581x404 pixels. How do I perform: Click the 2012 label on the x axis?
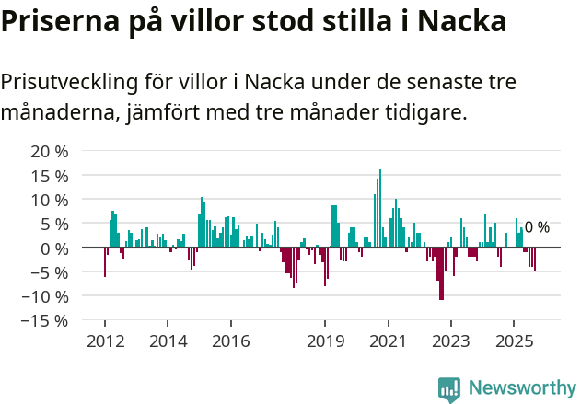click(x=104, y=341)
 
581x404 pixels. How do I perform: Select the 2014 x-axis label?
click(x=168, y=341)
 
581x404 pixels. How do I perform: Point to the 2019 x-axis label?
click(x=325, y=341)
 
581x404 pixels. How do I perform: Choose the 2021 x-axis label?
click(x=388, y=341)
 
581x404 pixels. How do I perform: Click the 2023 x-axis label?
click(x=451, y=341)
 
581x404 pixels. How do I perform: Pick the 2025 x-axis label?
click(x=514, y=341)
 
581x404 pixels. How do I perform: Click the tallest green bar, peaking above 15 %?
click(x=380, y=208)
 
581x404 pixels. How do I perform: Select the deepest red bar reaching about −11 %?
click(x=441, y=273)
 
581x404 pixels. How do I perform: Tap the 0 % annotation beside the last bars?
click(x=537, y=227)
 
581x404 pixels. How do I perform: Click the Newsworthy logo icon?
click(x=449, y=388)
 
